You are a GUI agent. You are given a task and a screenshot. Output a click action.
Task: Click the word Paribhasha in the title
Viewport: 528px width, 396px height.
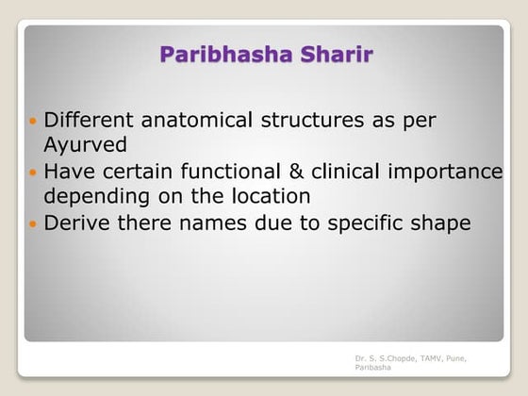[x=216, y=54]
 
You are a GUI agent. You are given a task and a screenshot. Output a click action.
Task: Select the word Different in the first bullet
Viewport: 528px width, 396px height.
[x=91, y=122]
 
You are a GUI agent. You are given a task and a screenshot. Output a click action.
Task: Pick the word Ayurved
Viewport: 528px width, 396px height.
[x=81, y=145]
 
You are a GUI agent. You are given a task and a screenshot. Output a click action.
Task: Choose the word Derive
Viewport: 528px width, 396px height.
[x=76, y=223]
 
